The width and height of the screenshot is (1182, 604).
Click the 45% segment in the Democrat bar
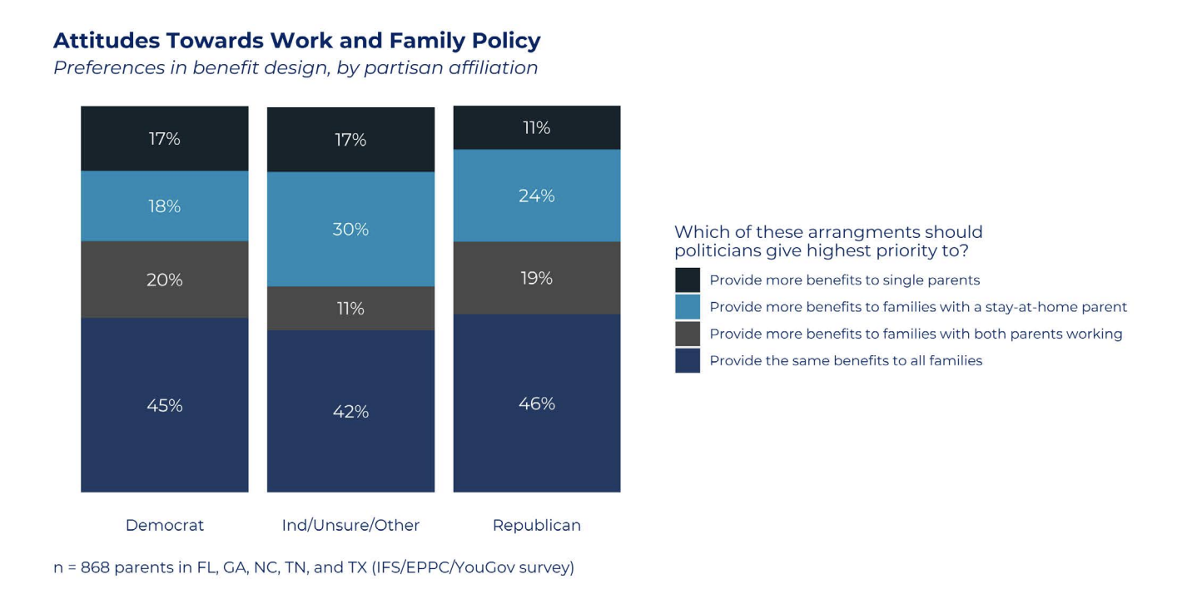coord(165,404)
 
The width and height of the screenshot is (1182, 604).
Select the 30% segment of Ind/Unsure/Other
coord(351,229)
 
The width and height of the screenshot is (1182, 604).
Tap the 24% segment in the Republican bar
coord(537,196)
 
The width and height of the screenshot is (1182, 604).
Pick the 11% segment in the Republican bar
coord(537,127)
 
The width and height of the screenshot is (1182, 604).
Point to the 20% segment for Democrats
coord(165,280)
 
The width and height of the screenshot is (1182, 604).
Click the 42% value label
coord(351,412)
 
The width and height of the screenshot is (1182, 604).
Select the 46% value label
coord(537,403)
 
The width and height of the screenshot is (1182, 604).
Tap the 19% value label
coord(537,278)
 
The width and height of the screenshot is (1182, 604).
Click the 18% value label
coord(165,205)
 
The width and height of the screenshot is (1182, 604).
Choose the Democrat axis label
coord(165,526)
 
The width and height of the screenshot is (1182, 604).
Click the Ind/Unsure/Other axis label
coord(351,526)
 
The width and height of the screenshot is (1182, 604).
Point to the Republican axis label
coord(537,526)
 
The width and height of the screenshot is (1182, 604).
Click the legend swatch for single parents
coord(688,280)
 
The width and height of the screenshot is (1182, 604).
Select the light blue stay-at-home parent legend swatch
coord(688,307)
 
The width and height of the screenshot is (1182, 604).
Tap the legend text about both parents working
coord(916,334)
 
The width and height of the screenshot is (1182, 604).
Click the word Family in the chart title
coord(427,41)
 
